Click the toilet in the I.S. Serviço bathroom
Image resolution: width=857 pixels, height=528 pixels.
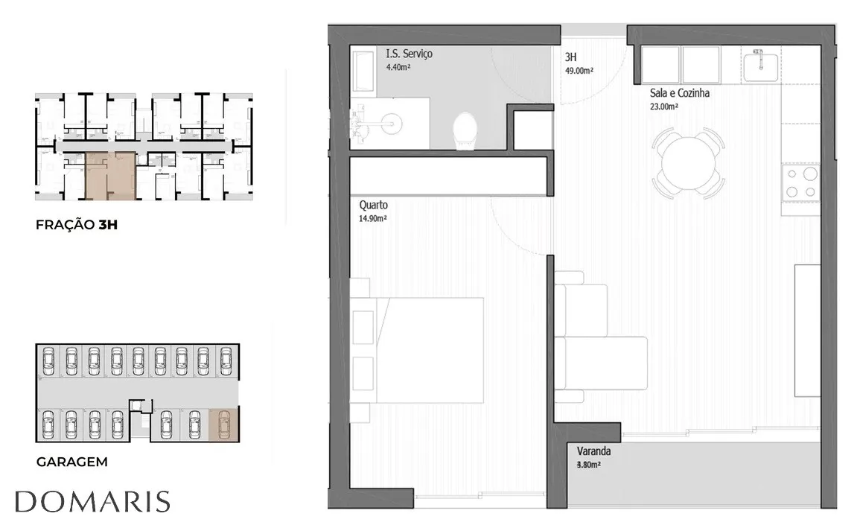[465, 130]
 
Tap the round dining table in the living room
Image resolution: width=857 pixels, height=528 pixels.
[689, 163]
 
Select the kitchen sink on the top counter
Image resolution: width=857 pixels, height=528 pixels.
[761, 65]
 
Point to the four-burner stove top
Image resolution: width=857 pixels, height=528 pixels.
[800, 182]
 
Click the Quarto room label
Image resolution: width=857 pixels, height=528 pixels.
[373, 205]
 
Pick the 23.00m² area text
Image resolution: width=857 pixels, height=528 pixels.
[664, 106]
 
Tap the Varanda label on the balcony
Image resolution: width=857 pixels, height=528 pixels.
[593, 451]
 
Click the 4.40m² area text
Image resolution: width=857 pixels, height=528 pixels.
[398, 67]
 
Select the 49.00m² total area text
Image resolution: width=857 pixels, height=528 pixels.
[579, 71]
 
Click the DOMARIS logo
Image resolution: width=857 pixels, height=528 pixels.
[92, 502]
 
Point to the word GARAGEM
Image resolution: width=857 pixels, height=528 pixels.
[71, 462]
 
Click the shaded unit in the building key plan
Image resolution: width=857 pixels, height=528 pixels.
[111, 176]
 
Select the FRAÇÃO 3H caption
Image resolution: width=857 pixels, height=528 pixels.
[77, 225]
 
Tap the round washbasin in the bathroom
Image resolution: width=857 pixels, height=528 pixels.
[392, 123]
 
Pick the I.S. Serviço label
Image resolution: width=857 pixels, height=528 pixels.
[409, 54]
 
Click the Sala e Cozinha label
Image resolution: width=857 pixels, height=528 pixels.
[679, 93]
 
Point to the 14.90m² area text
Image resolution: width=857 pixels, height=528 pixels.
[373, 219]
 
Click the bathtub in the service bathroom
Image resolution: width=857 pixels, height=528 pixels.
[363, 71]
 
